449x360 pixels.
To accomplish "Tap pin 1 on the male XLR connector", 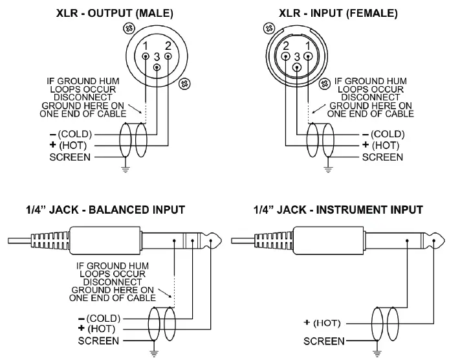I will tap(146, 56).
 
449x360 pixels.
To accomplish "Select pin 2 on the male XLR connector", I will tap(168, 56).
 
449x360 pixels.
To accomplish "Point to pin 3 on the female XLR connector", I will tap(297, 67).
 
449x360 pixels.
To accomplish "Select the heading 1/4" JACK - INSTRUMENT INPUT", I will tap(338, 210).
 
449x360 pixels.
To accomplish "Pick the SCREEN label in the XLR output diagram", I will tap(71, 157).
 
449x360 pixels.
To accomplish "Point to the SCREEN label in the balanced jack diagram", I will tap(98, 341).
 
